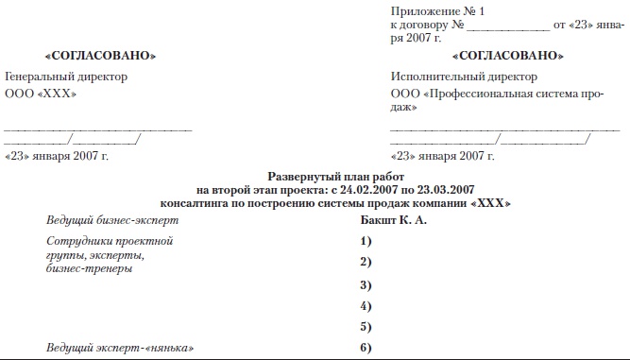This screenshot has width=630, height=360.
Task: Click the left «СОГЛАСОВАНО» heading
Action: tap(101, 58)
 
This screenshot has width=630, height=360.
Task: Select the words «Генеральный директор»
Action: tap(66, 77)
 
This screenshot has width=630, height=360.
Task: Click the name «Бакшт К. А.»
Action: tap(395, 220)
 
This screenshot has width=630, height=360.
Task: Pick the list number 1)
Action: tap(366, 242)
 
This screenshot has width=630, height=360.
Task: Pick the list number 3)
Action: tap(366, 284)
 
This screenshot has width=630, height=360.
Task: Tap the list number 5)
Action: tap(366, 328)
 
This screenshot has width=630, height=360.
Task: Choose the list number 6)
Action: tap(366, 350)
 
